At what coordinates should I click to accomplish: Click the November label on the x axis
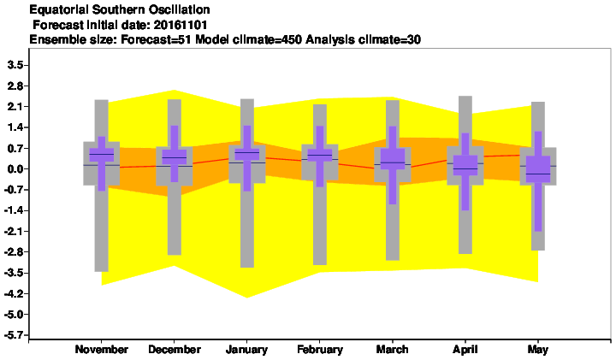point(101,349)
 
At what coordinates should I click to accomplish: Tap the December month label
point(175,349)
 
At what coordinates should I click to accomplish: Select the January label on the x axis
point(246,350)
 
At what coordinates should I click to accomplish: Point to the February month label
point(320,350)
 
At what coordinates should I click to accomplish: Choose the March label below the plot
point(392,349)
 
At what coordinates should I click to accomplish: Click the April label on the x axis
point(465,350)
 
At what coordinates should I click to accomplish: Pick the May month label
point(538,350)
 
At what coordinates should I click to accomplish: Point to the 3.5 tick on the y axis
point(15,65)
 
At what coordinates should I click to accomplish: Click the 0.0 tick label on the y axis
point(15,169)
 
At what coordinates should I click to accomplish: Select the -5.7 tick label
point(14,335)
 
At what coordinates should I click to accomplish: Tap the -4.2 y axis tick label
point(14,293)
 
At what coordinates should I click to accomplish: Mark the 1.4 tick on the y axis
point(15,127)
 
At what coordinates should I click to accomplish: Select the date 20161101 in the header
point(181,25)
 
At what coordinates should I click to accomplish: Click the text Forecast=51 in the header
point(157,39)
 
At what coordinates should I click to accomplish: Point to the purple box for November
point(102,155)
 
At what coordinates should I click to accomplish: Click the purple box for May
point(538,169)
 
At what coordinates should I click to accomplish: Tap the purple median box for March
point(393,158)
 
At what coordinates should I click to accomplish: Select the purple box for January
point(247,154)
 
